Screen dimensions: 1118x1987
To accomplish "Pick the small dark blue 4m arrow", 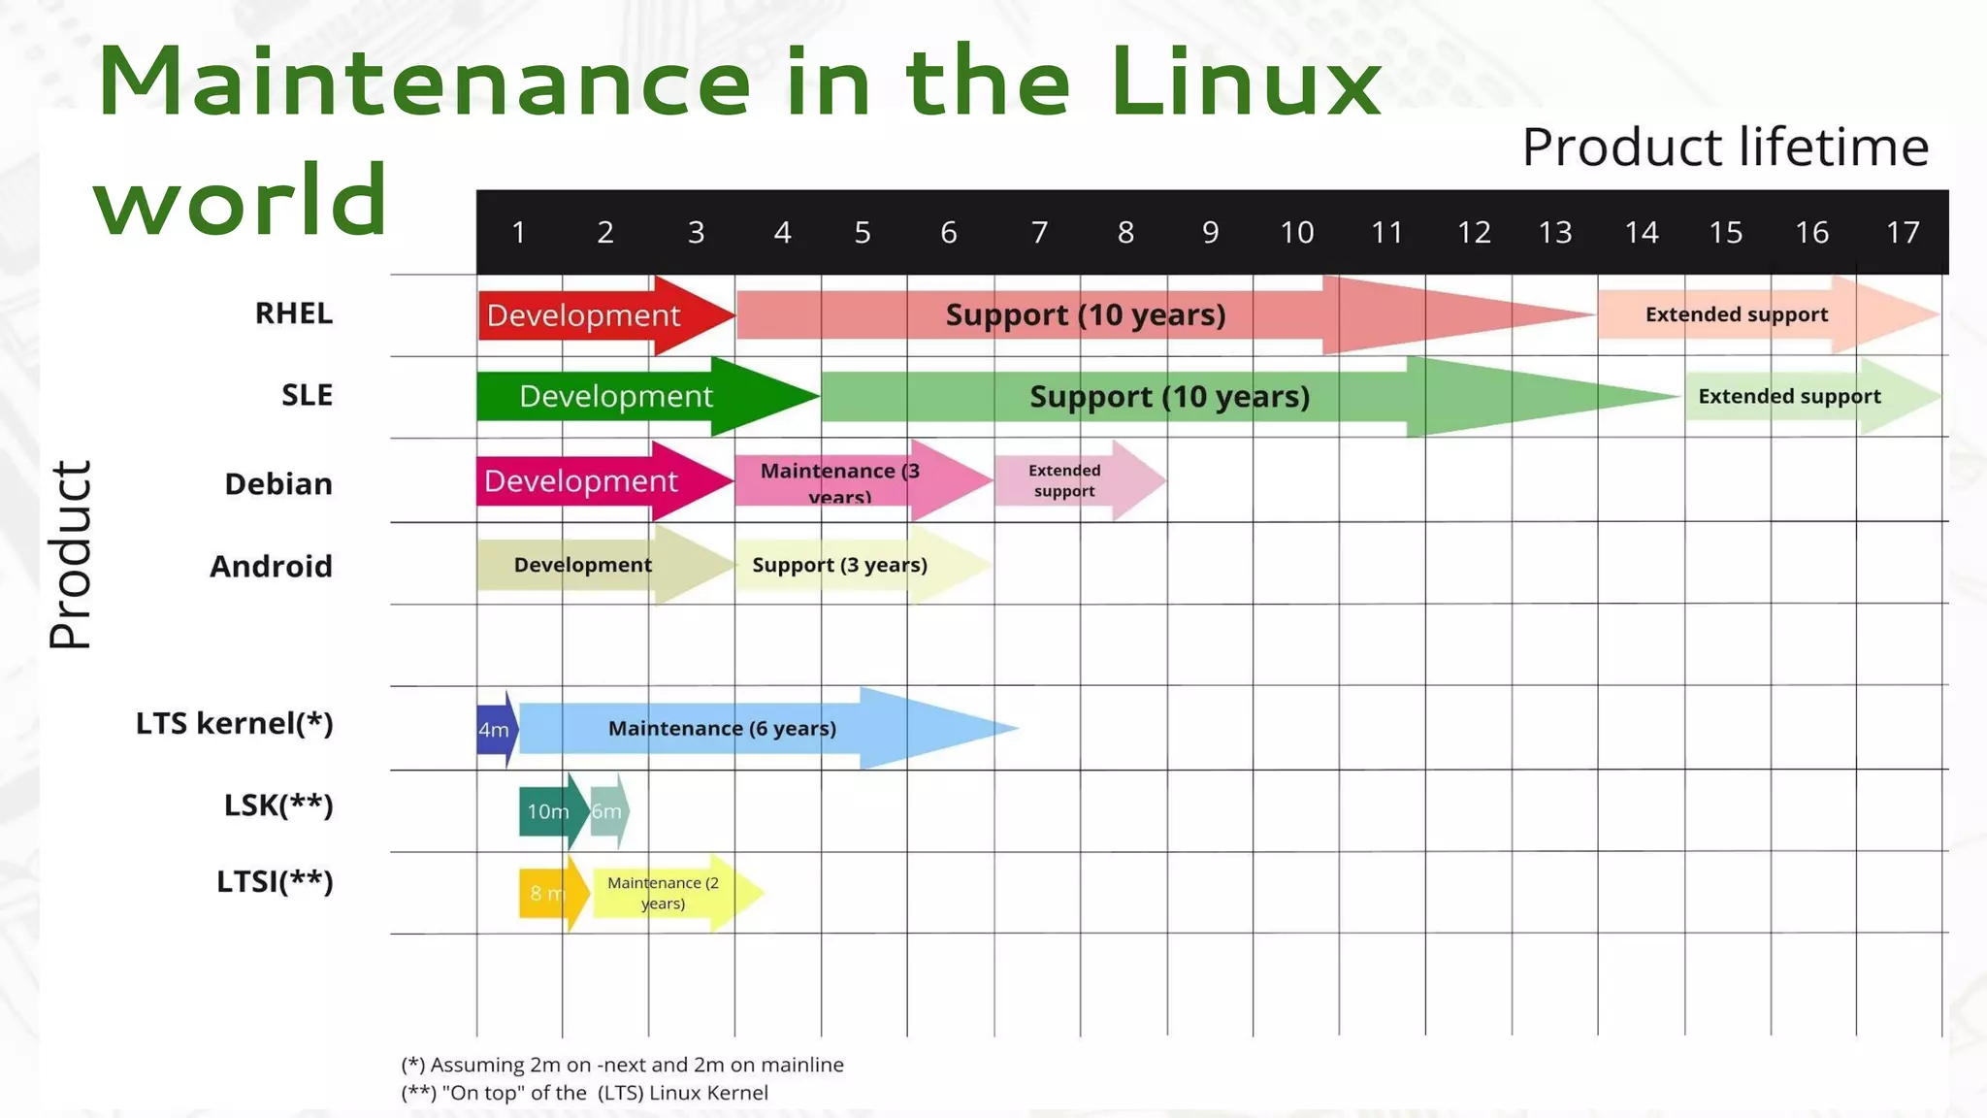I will pos(495,730).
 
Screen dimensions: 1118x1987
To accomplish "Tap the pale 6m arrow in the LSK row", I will pos(608,810).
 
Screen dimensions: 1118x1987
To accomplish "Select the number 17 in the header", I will pos(1903,233).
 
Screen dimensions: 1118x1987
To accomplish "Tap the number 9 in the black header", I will pos(1210,233).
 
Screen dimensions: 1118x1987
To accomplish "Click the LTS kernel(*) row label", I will pos(234,724).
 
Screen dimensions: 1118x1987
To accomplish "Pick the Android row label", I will pos(271,566).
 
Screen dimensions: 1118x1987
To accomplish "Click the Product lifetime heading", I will pos(1725,148).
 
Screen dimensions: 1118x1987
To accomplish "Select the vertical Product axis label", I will pos(71,555).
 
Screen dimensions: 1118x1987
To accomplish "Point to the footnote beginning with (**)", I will pos(584,1093).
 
